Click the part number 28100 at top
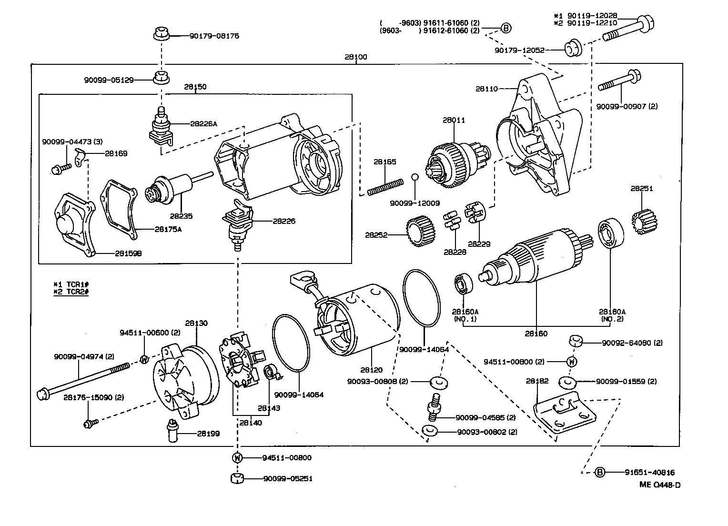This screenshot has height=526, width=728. tap(356, 57)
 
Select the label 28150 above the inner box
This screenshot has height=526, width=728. tap(195, 87)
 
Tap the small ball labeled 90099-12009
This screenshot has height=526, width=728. tap(415, 177)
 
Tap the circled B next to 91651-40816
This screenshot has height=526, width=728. tap(600, 472)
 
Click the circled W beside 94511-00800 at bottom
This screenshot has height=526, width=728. tap(237, 458)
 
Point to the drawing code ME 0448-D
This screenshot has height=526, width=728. tap(659, 485)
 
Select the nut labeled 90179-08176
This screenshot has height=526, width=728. tap(162, 35)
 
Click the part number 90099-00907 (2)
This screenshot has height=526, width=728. tap(627, 106)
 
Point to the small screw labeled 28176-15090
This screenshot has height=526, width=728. tap(90, 423)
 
